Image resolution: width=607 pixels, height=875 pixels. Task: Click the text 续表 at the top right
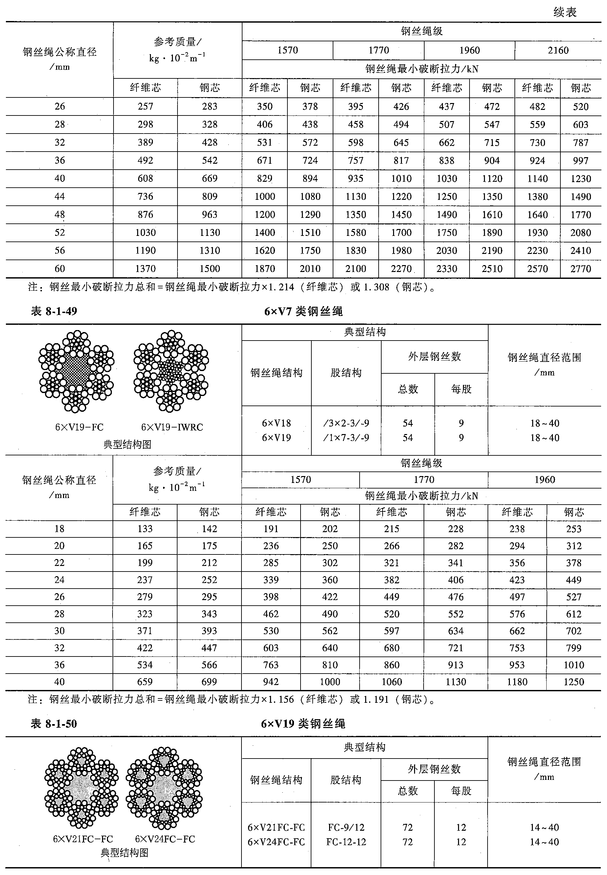coord(565,12)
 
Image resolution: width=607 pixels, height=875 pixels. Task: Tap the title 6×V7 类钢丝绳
coord(303,311)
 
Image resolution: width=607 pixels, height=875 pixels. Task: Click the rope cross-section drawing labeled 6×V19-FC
coord(76,371)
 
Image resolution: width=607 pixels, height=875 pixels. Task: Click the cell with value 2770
coord(580,269)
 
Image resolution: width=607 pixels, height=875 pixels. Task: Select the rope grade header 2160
coord(558,50)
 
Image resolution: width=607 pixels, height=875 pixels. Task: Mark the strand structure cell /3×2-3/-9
coord(346,423)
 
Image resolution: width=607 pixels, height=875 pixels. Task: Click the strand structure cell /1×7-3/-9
coord(346,438)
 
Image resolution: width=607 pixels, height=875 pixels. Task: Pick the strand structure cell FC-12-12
coord(346,842)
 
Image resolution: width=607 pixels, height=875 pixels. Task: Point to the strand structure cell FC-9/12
coord(346,827)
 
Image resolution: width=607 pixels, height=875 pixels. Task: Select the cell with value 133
coord(145,529)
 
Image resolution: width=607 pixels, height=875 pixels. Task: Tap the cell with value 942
coord(271,682)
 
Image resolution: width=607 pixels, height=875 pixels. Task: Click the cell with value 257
coord(145,107)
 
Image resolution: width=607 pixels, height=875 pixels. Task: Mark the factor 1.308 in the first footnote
coord(376,287)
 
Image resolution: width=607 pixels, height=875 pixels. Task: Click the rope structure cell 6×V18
coord(277,423)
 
